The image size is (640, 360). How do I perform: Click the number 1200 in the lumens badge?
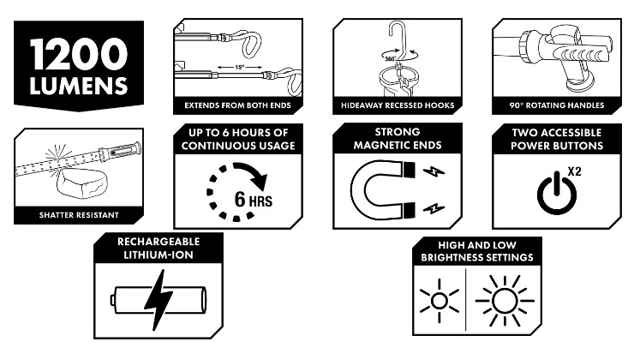[79, 54]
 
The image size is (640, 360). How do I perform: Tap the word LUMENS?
[79, 86]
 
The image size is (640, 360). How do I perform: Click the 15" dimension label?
[240, 68]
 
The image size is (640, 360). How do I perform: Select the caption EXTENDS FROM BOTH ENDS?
[237, 105]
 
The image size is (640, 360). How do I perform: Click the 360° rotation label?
[390, 59]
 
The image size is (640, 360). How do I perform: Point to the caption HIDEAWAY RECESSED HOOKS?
[398, 105]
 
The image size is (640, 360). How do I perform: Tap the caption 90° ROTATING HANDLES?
[557, 105]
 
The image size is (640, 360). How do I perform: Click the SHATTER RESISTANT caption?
[79, 215]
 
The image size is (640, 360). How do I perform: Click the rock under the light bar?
[83, 184]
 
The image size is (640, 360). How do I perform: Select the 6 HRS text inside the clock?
[253, 200]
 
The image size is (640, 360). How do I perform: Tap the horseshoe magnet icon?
[383, 189]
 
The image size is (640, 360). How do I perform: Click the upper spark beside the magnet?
[434, 171]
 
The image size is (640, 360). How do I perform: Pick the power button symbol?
[557, 194]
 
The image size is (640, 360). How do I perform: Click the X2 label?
[574, 171]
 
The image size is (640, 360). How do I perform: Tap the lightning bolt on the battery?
[159, 300]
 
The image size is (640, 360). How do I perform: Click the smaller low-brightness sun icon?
[440, 301]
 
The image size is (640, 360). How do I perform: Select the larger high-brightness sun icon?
[505, 301]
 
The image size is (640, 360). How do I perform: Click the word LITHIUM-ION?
[159, 255]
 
